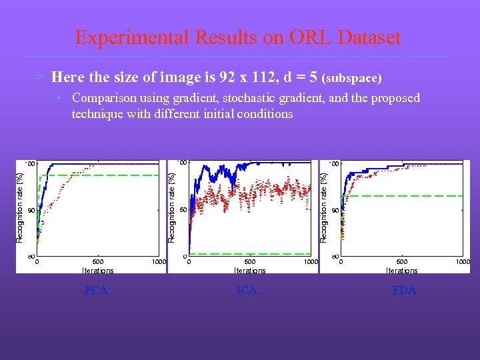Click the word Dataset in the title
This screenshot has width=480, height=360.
coord(369,37)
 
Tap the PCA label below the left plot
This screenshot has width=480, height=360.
coord(96,291)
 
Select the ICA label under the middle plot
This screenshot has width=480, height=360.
coord(247,291)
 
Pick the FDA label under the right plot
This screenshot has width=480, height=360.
coord(404,291)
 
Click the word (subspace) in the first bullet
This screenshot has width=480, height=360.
coord(352,79)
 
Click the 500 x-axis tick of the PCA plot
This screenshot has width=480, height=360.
coord(98,263)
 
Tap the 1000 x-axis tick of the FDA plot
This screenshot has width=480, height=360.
coord(463,263)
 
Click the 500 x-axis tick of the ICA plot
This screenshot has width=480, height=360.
coord(250,263)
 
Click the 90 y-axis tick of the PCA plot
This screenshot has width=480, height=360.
coord(31,210)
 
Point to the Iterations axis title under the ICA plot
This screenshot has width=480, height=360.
coord(250,271)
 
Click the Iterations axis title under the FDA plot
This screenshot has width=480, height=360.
coord(402,271)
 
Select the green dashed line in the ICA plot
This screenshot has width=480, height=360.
coord(253,254)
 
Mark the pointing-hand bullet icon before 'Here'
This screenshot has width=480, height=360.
coord(39,78)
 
